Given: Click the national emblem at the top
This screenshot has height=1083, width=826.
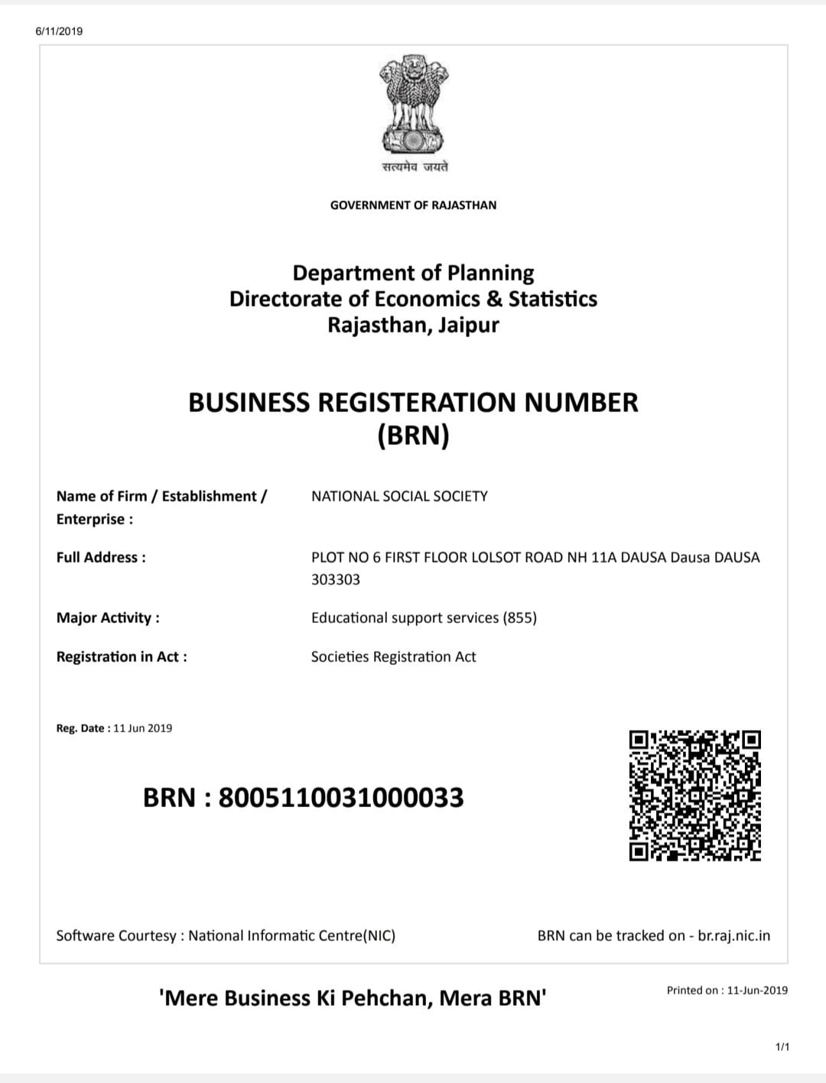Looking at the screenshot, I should pyautogui.click(x=413, y=104).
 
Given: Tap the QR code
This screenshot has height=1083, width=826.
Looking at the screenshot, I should pyautogui.click(x=694, y=795).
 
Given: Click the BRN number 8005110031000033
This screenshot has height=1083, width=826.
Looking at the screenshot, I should pyautogui.click(x=341, y=797).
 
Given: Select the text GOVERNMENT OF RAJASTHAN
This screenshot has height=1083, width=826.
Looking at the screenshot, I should pyautogui.click(x=413, y=205).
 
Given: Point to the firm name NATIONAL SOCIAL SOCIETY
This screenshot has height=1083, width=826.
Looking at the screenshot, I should pyautogui.click(x=399, y=496).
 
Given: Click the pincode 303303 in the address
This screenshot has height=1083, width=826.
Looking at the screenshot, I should pyautogui.click(x=335, y=579).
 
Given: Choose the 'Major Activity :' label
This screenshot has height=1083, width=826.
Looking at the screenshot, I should pyautogui.click(x=108, y=618).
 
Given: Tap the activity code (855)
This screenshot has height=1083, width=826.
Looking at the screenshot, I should pyautogui.click(x=519, y=618).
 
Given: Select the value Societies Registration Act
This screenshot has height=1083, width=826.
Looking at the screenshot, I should pyautogui.click(x=393, y=657).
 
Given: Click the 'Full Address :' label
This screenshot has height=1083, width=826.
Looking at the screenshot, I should pyautogui.click(x=101, y=557).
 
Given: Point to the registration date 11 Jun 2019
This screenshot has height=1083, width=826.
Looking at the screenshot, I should pyautogui.click(x=142, y=728).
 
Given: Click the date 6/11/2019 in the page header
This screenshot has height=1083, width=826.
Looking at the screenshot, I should pyautogui.click(x=59, y=31).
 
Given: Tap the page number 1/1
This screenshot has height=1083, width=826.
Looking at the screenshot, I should pyautogui.click(x=782, y=1046).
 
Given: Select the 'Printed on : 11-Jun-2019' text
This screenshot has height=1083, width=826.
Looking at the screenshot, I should pyautogui.click(x=727, y=991).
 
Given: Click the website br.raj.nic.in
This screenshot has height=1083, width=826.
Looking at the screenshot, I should pyautogui.click(x=734, y=935).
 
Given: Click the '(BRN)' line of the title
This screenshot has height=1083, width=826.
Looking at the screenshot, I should pyautogui.click(x=413, y=435).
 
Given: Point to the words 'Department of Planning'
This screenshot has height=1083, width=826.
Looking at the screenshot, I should pyautogui.click(x=413, y=273).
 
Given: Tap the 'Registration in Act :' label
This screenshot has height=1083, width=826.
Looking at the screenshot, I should pyautogui.click(x=122, y=657).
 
